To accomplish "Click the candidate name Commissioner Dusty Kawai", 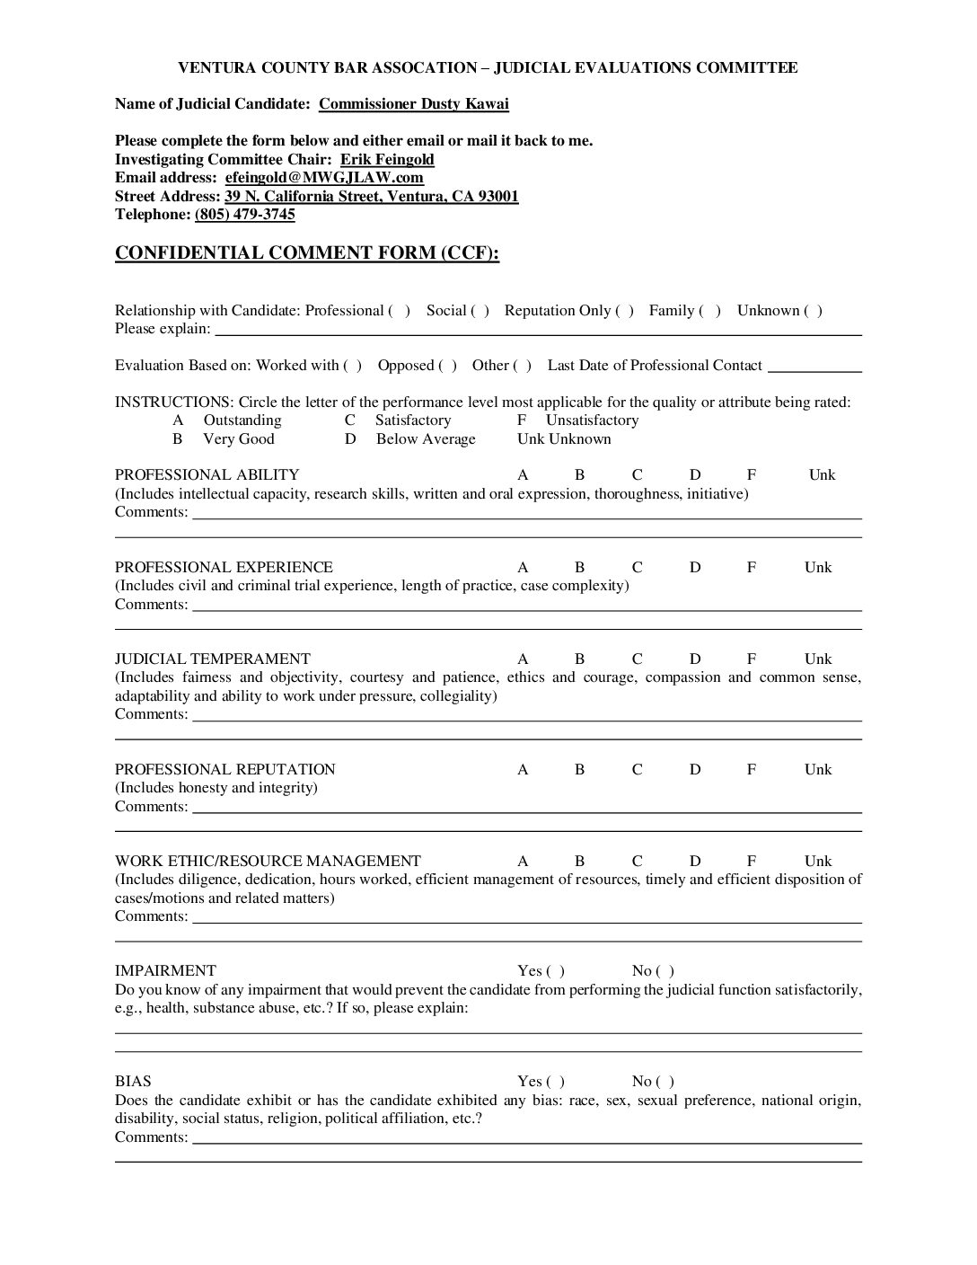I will click(414, 103).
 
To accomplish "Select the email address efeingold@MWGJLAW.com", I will click(324, 178).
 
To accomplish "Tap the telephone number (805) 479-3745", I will click(244, 215).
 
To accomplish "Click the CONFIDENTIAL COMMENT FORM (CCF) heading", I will click(306, 252).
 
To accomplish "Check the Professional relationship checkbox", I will click(400, 311).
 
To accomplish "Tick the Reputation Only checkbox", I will click(624, 311).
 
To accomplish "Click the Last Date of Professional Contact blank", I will click(814, 367).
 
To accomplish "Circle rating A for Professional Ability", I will click(523, 475).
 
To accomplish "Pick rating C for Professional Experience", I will click(638, 568).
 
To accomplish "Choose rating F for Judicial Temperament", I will click(752, 659).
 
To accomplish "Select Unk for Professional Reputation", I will click(818, 770).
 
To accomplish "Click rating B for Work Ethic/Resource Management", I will click(580, 862).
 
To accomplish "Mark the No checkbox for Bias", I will click(665, 1082).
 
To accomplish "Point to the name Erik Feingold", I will click(387, 160).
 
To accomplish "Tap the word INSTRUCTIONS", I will click(172, 402).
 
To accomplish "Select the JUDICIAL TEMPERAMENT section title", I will click(213, 659).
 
